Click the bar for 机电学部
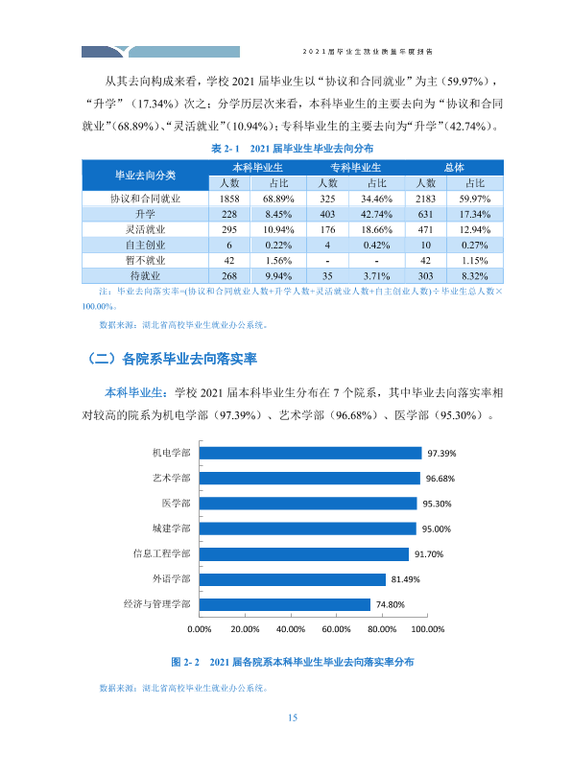pos(311,454)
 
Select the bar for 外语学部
pos(293,579)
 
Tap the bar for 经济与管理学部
pos(285,604)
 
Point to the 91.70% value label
pos(429,554)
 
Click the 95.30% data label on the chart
pos(437,505)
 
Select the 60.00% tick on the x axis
pos(336,629)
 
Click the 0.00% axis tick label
pos(200,629)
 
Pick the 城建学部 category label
pos(171,528)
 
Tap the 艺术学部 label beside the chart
pos(171,478)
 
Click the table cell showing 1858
pos(229,199)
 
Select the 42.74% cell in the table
pos(377,215)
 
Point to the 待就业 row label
pos(145,276)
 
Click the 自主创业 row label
pos(145,246)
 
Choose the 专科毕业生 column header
pos(355,168)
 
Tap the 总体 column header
pos(454,168)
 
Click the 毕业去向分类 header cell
pos(145,175)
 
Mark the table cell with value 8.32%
pos(475,276)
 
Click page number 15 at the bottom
pos(293,717)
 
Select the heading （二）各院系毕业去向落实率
pos(172,359)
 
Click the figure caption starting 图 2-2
pos(293,663)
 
